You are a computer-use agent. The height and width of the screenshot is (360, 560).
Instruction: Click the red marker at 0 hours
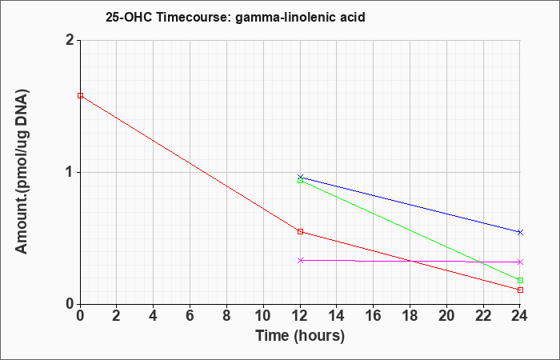click(80, 96)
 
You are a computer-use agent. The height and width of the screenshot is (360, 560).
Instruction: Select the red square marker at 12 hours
click(300, 232)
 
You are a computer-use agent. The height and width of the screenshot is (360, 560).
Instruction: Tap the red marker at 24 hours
click(520, 290)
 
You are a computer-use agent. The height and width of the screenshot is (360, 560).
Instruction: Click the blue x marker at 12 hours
click(300, 177)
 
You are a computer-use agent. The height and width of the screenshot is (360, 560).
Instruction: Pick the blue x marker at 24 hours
click(520, 233)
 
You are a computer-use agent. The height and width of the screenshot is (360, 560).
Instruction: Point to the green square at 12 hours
click(300, 181)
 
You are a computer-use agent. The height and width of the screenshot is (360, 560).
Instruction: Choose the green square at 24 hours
click(520, 280)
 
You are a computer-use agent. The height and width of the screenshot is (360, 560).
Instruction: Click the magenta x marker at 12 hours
click(300, 260)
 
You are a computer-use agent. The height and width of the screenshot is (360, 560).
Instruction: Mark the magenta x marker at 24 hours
click(520, 262)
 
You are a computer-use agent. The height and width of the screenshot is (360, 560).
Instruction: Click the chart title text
click(235, 17)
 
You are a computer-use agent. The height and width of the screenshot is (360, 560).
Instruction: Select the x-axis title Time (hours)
click(300, 336)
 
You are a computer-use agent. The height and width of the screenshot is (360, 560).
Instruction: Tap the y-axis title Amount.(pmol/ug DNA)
click(22, 172)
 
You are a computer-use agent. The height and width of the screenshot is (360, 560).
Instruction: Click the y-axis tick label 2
click(70, 40)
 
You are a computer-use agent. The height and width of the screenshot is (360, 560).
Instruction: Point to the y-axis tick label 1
click(70, 173)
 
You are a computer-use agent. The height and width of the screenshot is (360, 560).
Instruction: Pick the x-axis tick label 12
click(300, 316)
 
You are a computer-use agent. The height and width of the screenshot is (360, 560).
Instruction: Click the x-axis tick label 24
click(519, 316)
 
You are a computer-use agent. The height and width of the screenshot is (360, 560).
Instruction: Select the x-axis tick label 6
click(190, 316)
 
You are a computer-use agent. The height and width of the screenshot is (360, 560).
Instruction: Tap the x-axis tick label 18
click(410, 316)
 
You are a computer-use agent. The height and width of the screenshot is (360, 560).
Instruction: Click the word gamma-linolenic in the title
click(281, 18)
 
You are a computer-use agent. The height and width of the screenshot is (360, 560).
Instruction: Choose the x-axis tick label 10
click(263, 316)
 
